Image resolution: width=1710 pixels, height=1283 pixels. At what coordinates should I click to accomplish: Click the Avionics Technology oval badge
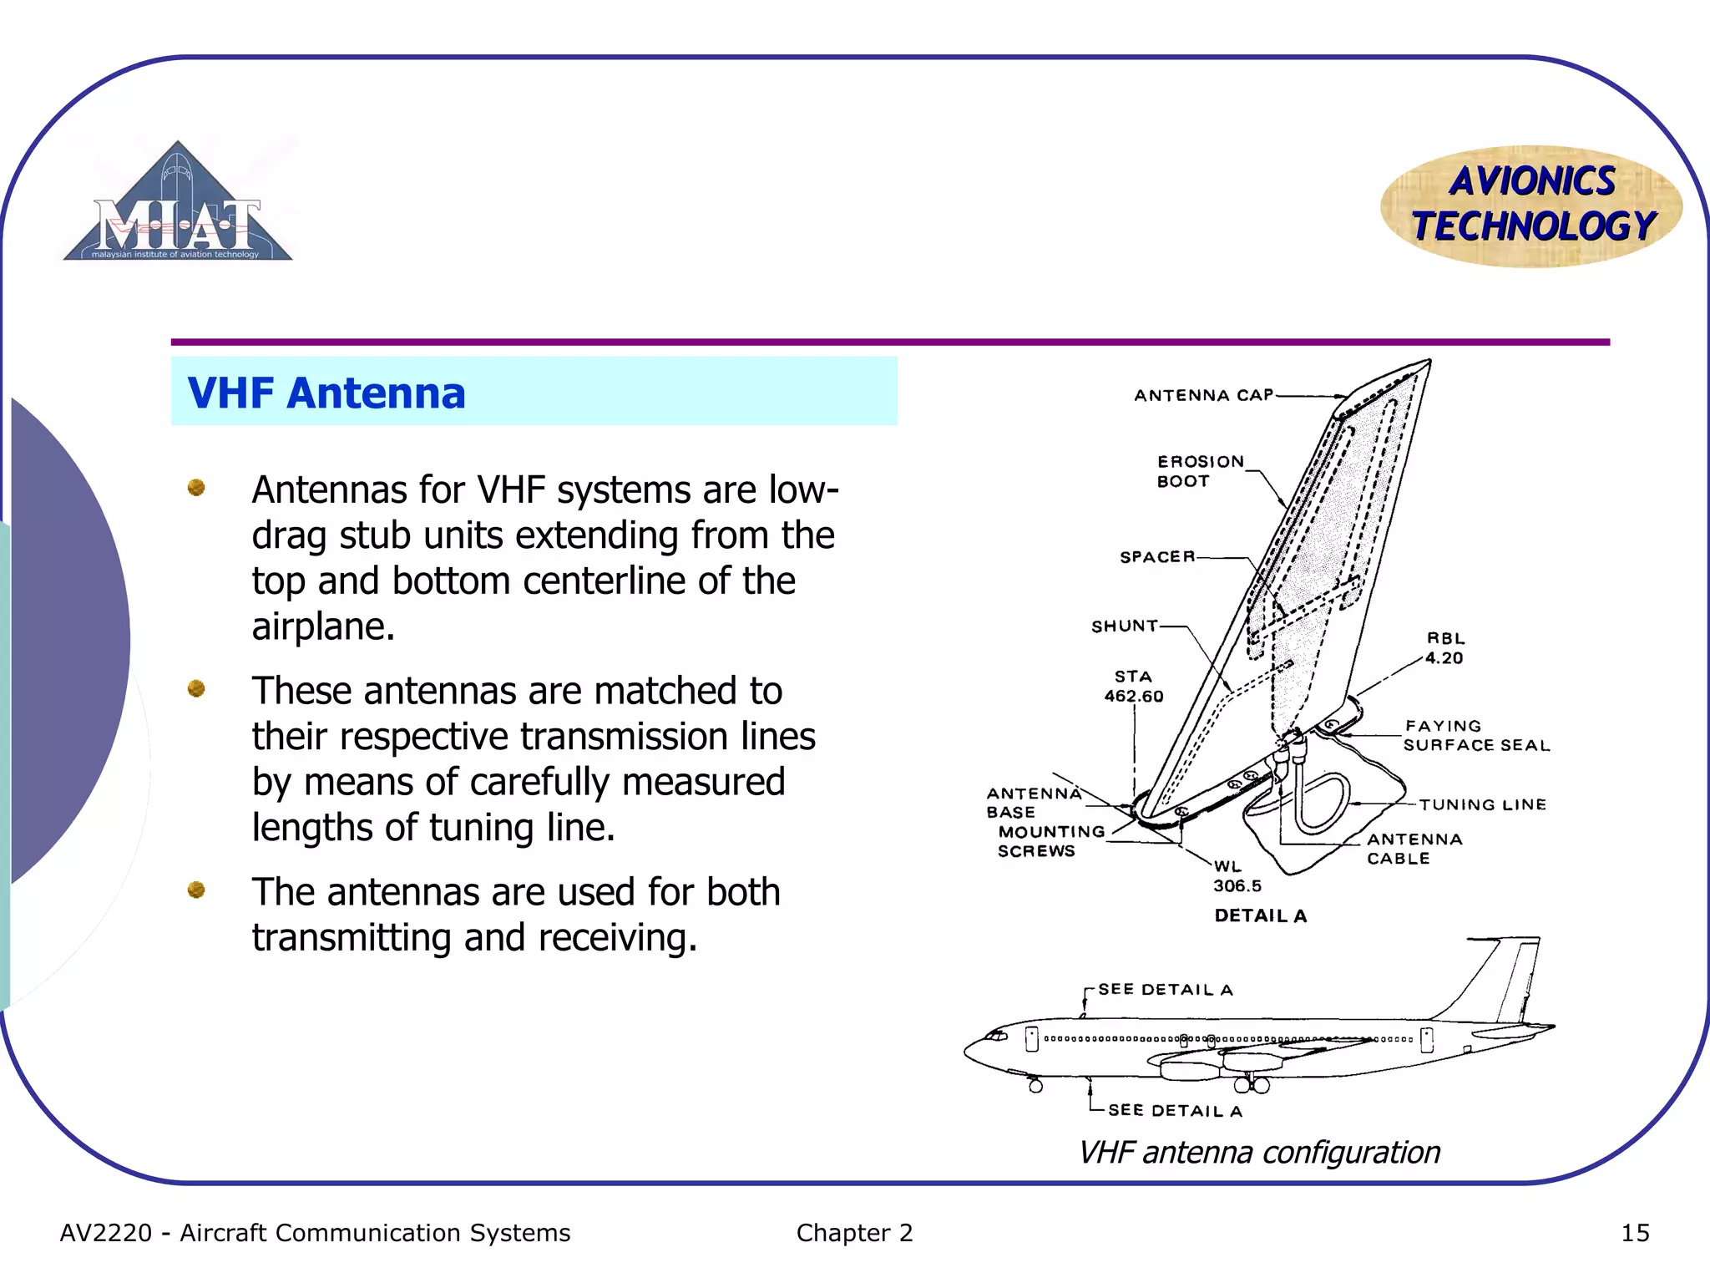pyautogui.click(x=1531, y=205)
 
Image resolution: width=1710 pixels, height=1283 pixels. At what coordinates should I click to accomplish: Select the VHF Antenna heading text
pyautogui.click(x=326, y=393)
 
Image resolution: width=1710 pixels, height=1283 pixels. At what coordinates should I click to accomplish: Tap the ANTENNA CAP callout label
pyautogui.click(x=1203, y=395)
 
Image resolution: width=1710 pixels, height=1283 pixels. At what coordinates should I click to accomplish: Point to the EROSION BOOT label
pyautogui.click(x=1199, y=471)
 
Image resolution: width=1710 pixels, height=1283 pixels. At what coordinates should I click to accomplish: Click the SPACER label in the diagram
pyautogui.click(x=1157, y=556)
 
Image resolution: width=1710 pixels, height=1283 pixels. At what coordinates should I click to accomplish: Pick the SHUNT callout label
pyautogui.click(x=1124, y=626)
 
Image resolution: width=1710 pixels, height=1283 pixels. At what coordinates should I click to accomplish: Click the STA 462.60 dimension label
pyautogui.click(x=1133, y=686)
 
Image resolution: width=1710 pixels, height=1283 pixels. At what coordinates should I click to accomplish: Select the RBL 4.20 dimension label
pyautogui.click(x=1444, y=648)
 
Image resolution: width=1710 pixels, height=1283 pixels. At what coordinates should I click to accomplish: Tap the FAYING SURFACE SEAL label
pyautogui.click(x=1475, y=736)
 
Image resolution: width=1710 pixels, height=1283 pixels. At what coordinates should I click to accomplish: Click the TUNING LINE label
pyautogui.click(x=1482, y=804)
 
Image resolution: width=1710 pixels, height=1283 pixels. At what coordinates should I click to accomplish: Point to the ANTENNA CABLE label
pyautogui.click(x=1414, y=849)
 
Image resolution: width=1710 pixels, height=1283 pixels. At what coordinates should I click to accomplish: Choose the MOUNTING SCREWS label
pyautogui.click(x=1050, y=841)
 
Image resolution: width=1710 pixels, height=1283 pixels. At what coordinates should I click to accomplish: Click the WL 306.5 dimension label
pyautogui.click(x=1236, y=876)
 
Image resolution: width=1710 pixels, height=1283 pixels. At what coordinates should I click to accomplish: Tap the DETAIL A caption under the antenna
pyautogui.click(x=1260, y=915)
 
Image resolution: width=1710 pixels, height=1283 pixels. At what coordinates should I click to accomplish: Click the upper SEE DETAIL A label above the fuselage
pyautogui.click(x=1165, y=990)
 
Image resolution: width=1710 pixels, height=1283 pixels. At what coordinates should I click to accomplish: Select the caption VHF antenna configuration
pyautogui.click(x=1259, y=1153)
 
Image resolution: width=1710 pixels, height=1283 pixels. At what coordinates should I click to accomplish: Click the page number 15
pyautogui.click(x=1634, y=1233)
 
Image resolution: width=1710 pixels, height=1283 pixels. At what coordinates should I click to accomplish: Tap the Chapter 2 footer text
pyautogui.click(x=854, y=1233)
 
